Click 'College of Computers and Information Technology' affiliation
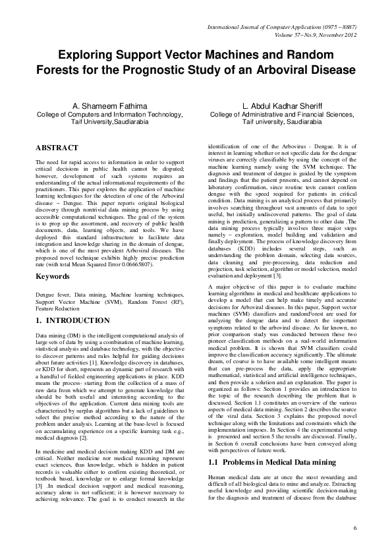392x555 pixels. tap(108, 114)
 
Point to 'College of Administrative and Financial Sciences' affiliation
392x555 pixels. tap(282, 114)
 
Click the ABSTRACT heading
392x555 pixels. tap(57, 148)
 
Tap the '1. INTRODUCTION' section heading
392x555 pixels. tap(72, 320)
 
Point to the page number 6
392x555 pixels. tap(355, 529)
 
